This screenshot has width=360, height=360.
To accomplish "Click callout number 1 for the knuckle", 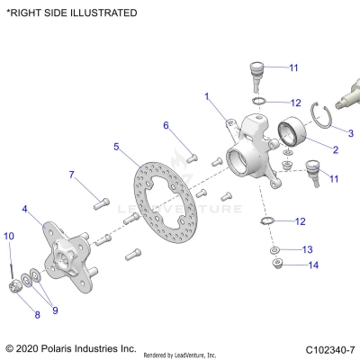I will pyautogui.click(x=206, y=95).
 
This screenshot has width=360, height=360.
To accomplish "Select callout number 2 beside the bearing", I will pyautogui.click(x=335, y=149).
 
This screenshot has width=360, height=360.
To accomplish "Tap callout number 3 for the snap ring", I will pyautogui.click(x=349, y=132).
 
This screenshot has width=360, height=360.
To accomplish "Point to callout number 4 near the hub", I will pyautogui.click(x=25, y=209).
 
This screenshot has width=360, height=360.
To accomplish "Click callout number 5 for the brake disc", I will pyautogui.click(x=116, y=146).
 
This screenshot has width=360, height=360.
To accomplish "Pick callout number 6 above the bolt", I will pyautogui.click(x=166, y=124).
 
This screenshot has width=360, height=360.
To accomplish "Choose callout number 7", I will pyautogui.click(x=71, y=174).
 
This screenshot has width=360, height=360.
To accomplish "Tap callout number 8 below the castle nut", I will pyautogui.click(x=37, y=315).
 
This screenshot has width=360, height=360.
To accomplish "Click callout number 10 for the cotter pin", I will pyautogui.click(x=8, y=236).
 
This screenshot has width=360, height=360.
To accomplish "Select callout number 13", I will pyautogui.click(x=307, y=248).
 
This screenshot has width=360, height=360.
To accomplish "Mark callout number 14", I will pyautogui.click(x=313, y=265).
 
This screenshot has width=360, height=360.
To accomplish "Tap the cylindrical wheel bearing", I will pyautogui.click(x=291, y=135).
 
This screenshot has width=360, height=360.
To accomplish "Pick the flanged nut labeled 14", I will pyautogui.click(x=277, y=263).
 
